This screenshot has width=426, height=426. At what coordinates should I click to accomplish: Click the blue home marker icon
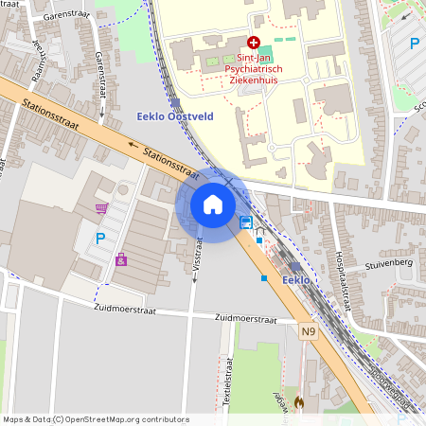click(x=213, y=204)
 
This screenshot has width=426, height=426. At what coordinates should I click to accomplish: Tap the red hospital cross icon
click(x=253, y=43)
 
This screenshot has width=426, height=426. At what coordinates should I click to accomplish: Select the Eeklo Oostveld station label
click(x=169, y=116)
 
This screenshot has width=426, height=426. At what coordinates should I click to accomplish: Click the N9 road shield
click(x=309, y=331)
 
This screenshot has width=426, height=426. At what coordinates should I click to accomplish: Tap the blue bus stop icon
click(x=246, y=222)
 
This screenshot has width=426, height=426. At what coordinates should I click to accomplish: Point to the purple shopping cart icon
click(x=101, y=208)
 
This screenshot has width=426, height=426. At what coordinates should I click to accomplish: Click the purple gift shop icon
click(x=121, y=259)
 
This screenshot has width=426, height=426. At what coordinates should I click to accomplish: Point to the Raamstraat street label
click(x=38, y=62)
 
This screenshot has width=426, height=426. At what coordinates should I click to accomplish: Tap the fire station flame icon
click(x=300, y=402)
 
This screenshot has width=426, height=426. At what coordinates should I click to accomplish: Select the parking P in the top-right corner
click(x=414, y=42)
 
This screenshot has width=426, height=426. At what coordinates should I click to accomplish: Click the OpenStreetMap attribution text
click(x=96, y=419)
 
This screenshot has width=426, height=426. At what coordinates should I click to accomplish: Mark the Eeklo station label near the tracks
click(x=295, y=279)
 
